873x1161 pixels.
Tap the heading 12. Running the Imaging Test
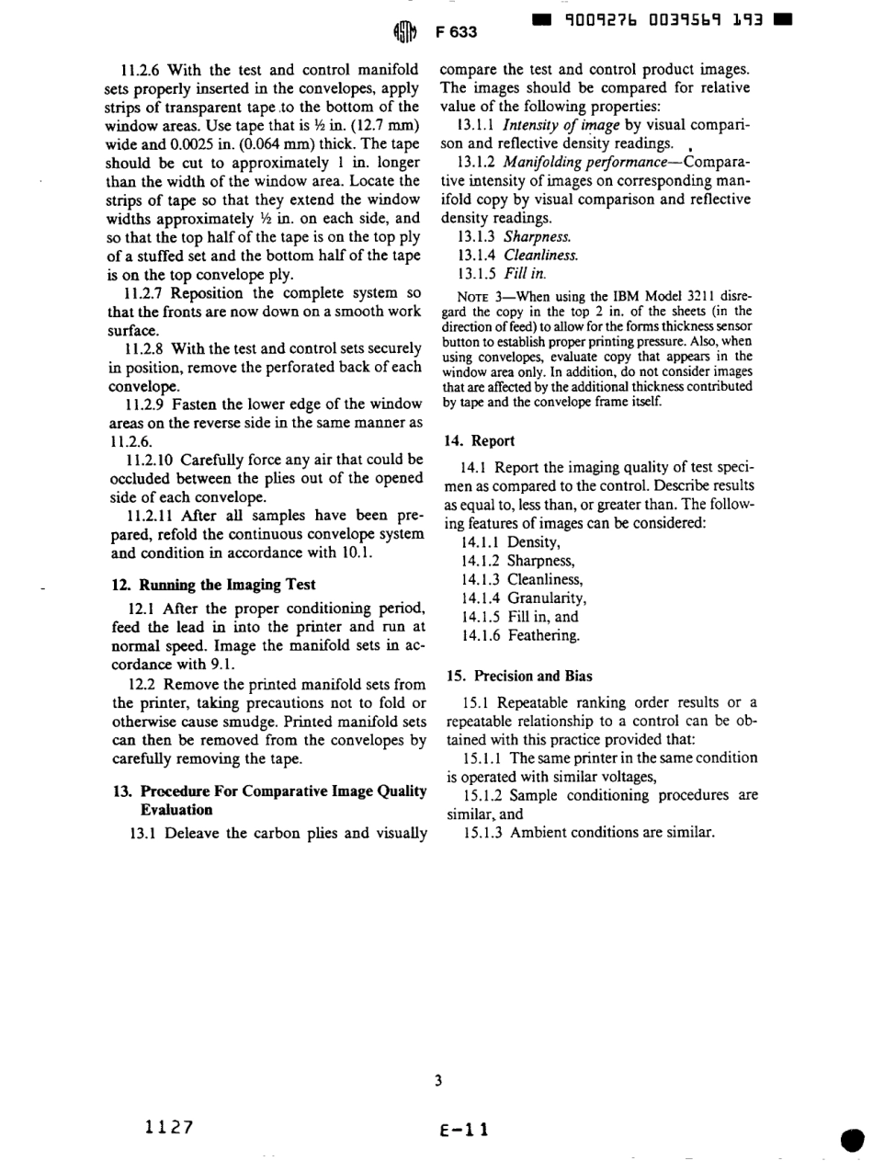click(x=213, y=585)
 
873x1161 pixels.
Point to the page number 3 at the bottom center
click(x=439, y=1081)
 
